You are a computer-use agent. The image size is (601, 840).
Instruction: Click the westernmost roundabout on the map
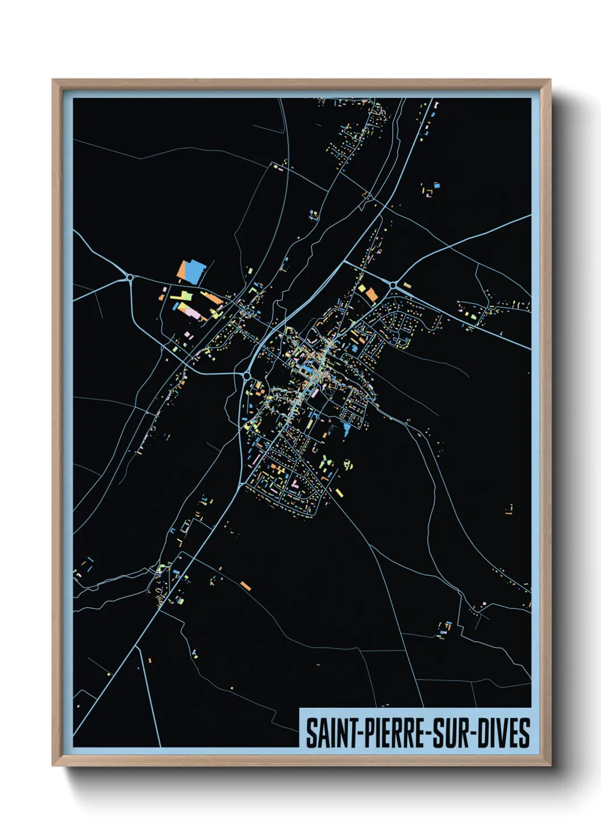(x=131, y=277)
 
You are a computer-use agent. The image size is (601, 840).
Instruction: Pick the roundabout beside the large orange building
(x=393, y=284)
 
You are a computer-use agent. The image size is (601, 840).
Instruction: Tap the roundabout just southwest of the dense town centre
(x=247, y=375)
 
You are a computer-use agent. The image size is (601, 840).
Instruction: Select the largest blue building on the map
(x=194, y=272)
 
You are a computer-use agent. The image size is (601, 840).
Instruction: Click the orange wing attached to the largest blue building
(x=183, y=270)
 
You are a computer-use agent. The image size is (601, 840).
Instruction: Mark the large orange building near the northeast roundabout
(x=371, y=295)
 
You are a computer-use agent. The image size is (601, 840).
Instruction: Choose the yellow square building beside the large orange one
(x=361, y=288)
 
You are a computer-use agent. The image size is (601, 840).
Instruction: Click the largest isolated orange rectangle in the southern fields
(x=245, y=585)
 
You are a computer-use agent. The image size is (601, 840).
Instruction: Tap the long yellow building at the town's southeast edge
(x=339, y=492)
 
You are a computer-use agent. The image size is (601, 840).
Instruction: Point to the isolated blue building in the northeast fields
(x=436, y=185)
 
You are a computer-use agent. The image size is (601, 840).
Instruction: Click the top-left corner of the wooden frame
(x=53, y=81)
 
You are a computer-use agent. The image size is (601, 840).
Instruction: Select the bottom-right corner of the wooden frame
(x=550, y=765)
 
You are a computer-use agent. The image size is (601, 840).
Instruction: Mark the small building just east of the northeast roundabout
(x=407, y=285)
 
